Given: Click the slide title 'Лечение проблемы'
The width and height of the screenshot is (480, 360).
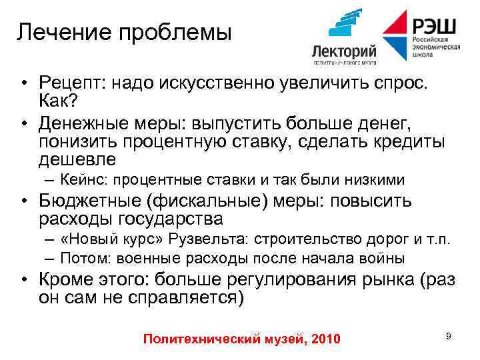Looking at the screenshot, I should [x=124, y=32].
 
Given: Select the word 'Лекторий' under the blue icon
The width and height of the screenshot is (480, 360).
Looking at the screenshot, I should [x=344, y=51].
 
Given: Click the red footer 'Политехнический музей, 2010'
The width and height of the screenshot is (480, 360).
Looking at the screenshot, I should [x=241, y=339].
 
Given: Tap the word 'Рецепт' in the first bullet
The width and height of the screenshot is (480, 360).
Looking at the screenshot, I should [x=70, y=83].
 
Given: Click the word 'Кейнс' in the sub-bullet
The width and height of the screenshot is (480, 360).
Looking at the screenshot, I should [x=81, y=180].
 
